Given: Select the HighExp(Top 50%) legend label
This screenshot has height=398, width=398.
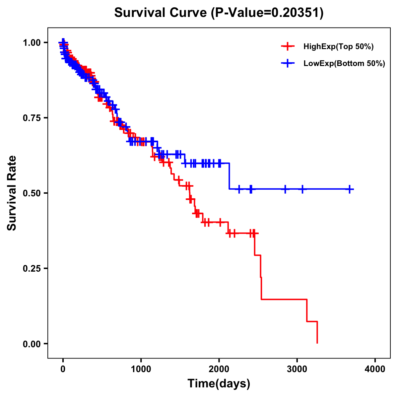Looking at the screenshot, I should [338, 47].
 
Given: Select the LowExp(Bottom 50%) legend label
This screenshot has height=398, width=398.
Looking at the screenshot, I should [344, 64].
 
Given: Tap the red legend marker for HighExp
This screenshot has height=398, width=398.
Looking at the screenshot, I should [288, 47].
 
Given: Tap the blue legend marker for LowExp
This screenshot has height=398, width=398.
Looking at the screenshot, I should [288, 64].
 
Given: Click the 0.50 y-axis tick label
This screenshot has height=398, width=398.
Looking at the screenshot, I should [32, 193].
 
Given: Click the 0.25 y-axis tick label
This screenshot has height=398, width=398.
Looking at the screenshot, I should [32, 269].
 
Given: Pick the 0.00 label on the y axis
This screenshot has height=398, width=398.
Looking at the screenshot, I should [32, 344].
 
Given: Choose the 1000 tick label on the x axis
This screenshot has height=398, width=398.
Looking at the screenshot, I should [141, 369].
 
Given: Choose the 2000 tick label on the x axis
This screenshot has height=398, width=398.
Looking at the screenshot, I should [219, 369].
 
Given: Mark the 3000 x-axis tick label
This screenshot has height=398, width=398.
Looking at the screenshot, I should [297, 369].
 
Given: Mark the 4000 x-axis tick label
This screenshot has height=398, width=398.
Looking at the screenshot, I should [375, 369].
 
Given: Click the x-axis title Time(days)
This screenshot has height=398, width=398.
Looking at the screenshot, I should [219, 384].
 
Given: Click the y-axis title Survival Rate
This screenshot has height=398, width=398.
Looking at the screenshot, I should [12, 193].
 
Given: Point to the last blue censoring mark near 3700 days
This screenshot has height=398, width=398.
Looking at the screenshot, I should [350, 189].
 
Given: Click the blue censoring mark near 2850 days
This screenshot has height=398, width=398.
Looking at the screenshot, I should [285, 189].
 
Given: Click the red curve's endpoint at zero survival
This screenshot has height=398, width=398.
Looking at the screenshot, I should [317, 343].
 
